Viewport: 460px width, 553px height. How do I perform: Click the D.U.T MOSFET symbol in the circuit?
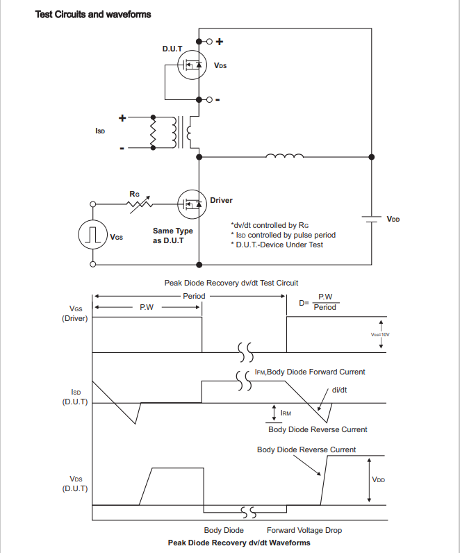point(192,65)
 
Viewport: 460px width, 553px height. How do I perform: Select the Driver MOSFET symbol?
point(192,204)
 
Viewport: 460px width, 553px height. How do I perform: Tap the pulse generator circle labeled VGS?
point(93,234)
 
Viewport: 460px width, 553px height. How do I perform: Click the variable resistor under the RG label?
point(140,204)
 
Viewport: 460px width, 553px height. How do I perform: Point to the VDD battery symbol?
point(372,220)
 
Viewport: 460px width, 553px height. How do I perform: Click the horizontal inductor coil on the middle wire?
point(284,155)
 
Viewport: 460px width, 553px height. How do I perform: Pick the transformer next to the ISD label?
point(181,132)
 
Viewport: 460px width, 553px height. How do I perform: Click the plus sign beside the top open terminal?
point(220,42)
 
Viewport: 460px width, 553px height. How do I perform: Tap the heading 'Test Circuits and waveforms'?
point(93,15)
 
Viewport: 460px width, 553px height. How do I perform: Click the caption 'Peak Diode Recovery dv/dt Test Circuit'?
point(231,283)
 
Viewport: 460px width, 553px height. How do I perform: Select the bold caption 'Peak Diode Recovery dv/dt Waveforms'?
point(239,543)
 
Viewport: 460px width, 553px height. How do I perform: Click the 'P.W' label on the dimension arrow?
point(147,307)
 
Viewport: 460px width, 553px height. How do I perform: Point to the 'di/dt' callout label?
point(339,390)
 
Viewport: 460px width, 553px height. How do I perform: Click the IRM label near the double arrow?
point(286,413)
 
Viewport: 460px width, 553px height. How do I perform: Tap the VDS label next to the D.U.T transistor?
point(220,65)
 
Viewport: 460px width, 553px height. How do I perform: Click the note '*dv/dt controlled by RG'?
point(270,225)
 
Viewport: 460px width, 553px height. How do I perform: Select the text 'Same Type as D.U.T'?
point(173,236)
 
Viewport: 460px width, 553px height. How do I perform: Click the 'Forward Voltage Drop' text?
point(304,530)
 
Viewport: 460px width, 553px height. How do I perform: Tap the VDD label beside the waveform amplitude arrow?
point(379,479)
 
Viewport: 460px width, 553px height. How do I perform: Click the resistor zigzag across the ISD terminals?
point(153,132)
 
